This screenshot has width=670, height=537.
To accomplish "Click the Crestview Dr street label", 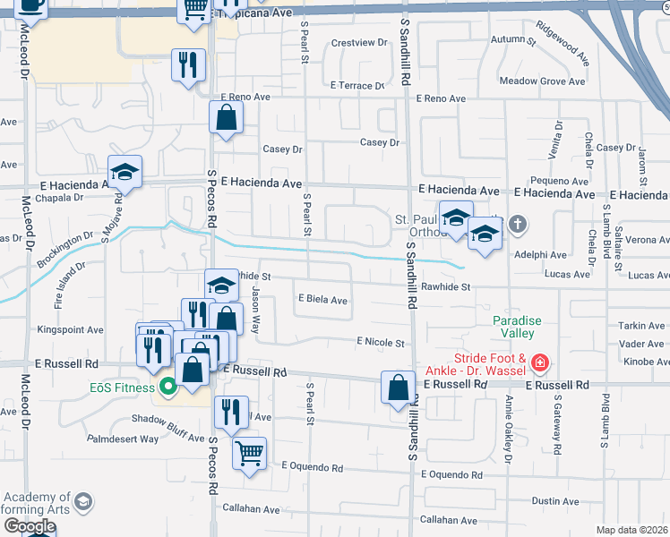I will point(357,42).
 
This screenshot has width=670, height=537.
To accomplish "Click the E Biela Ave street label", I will point(322,301).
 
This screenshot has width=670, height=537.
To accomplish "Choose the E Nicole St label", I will point(381,342).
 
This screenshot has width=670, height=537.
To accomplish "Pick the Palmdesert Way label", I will point(123,439).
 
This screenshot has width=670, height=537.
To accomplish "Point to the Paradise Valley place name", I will point(513,327).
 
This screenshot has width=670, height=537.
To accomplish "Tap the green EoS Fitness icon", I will point(167,388).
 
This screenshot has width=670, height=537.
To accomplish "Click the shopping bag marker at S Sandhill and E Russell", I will point(398,388).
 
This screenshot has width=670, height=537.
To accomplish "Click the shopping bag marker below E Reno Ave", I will point(227,117).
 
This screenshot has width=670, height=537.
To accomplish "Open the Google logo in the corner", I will point(29,526).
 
